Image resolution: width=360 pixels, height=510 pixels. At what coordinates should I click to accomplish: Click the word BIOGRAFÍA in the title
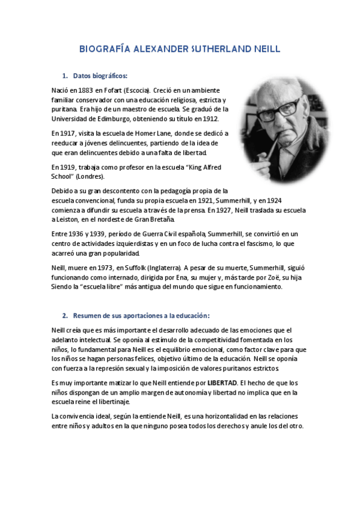tap(106, 49)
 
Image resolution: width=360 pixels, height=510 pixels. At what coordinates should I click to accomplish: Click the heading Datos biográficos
tap(100, 76)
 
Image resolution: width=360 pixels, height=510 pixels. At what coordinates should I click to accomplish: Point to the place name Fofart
tap(118, 90)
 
